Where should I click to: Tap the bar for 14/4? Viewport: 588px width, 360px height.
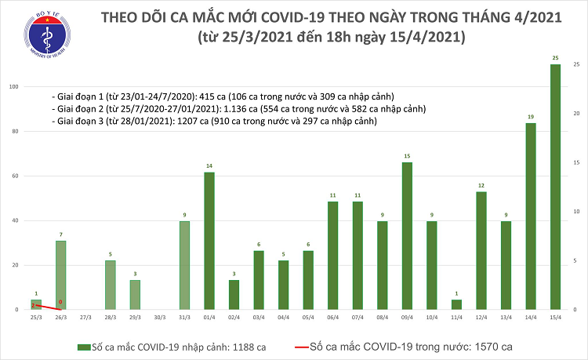click(530, 216)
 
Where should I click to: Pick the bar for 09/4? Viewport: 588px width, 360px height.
click(407, 235)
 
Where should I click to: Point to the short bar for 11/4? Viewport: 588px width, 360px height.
click(456, 304)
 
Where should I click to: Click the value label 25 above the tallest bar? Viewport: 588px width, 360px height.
click(555, 58)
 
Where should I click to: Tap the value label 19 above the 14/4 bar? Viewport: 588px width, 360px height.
click(530, 117)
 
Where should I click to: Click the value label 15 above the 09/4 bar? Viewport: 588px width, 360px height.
click(407, 156)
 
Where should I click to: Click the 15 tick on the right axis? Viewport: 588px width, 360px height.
click(576, 162)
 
